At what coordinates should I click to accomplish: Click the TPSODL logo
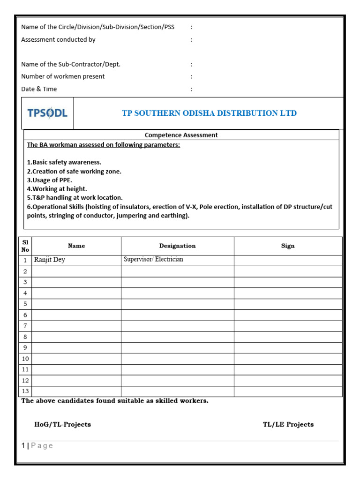(47, 113)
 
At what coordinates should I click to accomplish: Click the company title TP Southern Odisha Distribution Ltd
(209, 113)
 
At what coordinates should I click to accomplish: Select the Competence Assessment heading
(181, 135)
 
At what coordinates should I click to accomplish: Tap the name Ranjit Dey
(50, 260)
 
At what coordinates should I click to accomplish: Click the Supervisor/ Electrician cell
(153, 259)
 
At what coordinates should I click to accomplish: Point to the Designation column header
(177, 246)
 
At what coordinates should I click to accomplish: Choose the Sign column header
(288, 246)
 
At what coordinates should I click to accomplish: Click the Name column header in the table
(76, 246)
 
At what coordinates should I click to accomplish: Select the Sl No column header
(25, 246)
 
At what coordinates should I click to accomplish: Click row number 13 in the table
(25, 391)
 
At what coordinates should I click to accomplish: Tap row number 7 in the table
(25, 326)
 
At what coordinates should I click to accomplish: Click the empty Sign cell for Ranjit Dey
(288, 260)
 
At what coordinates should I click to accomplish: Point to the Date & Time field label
(39, 89)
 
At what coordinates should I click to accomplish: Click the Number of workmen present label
(63, 76)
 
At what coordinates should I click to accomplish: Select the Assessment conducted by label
(58, 40)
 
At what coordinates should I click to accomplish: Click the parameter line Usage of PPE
(50, 180)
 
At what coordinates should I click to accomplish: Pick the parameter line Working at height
(57, 189)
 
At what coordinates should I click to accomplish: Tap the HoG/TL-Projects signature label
(62, 424)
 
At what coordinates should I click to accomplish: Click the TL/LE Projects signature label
(288, 424)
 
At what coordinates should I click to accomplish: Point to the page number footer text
(37, 446)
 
